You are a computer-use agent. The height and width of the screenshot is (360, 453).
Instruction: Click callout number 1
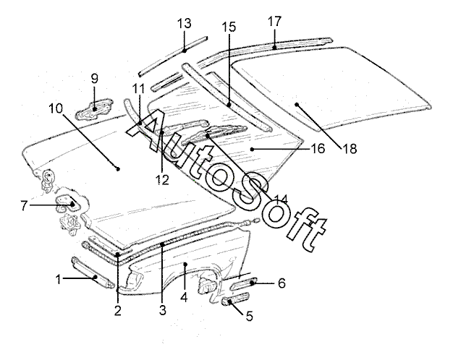click(x=59, y=279)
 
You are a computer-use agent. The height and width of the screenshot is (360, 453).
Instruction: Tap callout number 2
click(x=117, y=311)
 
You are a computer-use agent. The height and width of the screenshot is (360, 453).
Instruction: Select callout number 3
click(x=163, y=311)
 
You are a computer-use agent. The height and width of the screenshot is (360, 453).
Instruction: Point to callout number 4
click(x=184, y=297)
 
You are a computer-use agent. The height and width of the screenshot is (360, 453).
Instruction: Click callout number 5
click(x=250, y=316)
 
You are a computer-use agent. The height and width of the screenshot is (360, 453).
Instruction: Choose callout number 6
click(x=281, y=283)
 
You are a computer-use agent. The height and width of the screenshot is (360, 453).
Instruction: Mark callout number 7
click(x=24, y=205)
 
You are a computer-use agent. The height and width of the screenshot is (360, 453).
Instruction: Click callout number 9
click(x=95, y=78)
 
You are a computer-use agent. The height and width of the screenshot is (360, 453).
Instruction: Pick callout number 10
click(x=56, y=108)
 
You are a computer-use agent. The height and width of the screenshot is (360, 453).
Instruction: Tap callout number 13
click(x=185, y=23)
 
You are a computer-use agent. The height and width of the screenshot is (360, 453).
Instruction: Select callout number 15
click(x=229, y=27)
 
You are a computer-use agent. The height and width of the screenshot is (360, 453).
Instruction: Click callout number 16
click(x=318, y=149)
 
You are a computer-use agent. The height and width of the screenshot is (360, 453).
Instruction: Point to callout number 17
click(x=274, y=21)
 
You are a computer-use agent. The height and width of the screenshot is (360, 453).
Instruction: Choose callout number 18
click(x=350, y=149)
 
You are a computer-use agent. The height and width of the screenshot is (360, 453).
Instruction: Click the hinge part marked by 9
click(x=94, y=109)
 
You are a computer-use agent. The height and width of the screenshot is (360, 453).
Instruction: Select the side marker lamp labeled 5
click(x=235, y=299)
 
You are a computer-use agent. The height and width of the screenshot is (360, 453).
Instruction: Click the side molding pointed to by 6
click(x=244, y=283)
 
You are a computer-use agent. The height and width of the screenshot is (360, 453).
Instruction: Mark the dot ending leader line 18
click(x=297, y=104)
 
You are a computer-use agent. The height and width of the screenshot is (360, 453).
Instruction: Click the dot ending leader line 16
click(x=253, y=149)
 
